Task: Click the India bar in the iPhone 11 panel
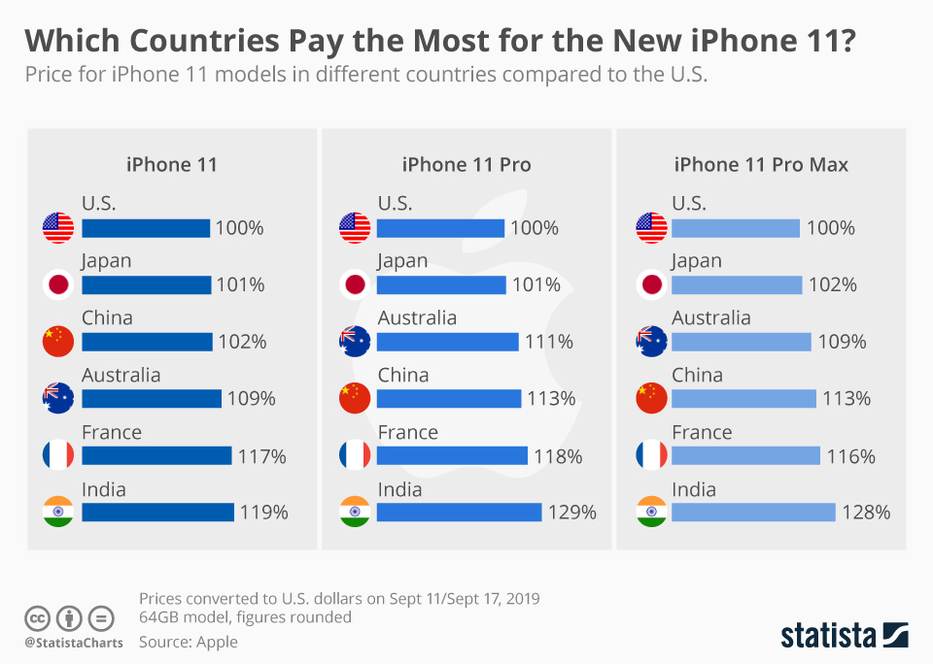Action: click(157, 512)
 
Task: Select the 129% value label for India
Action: click(571, 512)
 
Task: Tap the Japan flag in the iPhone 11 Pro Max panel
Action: click(650, 284)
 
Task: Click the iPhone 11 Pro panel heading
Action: click(466, 164)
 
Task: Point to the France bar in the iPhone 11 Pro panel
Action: click(452, 455)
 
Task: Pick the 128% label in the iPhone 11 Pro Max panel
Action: click(866, 512)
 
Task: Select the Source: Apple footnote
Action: click(188, 641)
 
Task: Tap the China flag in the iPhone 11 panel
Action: click(58, 341)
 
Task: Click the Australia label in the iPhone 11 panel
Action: click(121, 375)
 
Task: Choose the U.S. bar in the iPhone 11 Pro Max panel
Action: click(736, 228)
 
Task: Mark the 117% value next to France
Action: click(262, 455)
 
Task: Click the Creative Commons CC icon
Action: click(37, 617)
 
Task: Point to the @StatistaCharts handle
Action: click(74, 642)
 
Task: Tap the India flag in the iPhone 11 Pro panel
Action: click(354, 512)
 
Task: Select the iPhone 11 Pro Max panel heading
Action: click(761, 164)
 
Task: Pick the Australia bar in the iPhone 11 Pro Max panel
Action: click(741, 342)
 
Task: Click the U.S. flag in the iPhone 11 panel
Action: click(58, 228)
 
